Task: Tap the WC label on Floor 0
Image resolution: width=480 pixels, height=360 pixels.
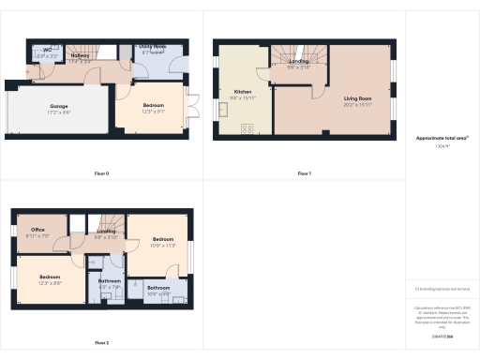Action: pyautogui.click(x=46, y=51)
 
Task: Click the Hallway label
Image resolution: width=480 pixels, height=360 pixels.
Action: pyautogui.click(x=81, y=55)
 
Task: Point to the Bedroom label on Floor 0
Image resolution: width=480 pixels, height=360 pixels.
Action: pyautogui.click(x=153, y=105)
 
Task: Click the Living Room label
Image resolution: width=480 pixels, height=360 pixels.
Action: pyautogui.click(x=356, y=97)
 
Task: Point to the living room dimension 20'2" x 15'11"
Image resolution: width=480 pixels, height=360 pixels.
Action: pyautogui.click(x=356, y=103)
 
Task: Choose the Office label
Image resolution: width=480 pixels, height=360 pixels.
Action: pyautogui.click(x=37, y=230)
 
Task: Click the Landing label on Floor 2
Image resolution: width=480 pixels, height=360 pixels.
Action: pyautogui.click(x=106, y=231)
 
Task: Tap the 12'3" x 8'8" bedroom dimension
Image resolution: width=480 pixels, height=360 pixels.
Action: pyautogui.click(x=50, y=283)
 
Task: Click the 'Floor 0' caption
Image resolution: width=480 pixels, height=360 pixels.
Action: pyautogui.click(x=101, y=173)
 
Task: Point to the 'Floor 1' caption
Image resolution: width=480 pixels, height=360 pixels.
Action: pyautogui.click(x=304, y=173)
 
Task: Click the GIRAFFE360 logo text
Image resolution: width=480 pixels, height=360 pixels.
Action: pyautogui.click(x=442, y=335)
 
